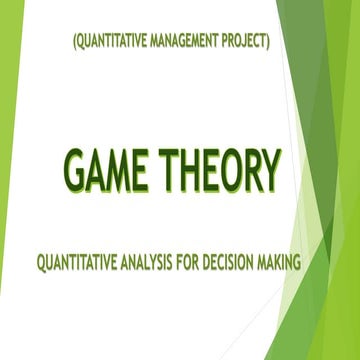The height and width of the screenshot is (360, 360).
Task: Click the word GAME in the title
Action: [x=107, y=171]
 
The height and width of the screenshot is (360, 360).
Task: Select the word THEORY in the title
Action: [x=221, y=171]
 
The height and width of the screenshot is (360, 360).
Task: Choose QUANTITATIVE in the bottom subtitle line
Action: [x=85, y=265]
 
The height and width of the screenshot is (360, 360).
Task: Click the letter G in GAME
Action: [x=76, y=171]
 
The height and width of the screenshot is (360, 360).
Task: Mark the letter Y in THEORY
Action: [x=266, y=171]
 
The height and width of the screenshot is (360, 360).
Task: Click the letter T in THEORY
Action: [x=169, y=171]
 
